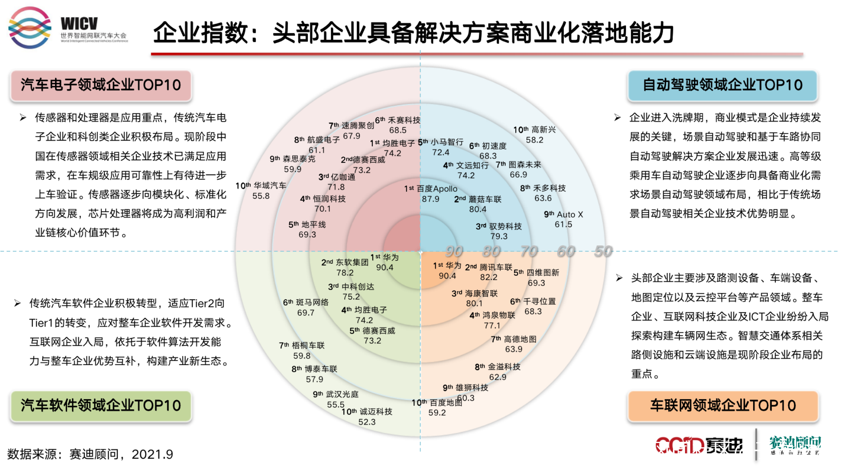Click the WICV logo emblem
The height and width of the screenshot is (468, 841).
click(30, 27)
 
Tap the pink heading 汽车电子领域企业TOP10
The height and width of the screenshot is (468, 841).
click(101, 85)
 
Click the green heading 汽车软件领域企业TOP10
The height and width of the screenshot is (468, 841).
click(101, 405)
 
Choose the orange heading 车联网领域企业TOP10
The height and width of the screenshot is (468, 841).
click(723, 405)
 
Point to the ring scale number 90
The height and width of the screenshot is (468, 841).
click(454, 251)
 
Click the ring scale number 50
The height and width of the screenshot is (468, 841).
click(603, 251)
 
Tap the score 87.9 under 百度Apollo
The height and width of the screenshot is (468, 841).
click(430, 199)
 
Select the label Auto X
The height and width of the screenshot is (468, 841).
click(569, 214)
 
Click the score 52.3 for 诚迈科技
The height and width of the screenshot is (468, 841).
click(367, 422)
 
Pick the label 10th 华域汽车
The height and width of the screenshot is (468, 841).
click(261, 186)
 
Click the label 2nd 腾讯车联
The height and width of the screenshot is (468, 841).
click(488, 267)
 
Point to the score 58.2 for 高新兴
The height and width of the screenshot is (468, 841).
click(534, 140)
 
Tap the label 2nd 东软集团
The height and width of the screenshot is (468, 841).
click(345, 262)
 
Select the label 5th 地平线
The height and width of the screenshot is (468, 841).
click(307, 225)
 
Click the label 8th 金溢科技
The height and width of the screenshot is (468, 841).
click(497, 367)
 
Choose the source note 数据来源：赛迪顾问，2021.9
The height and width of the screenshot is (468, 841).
click(90, 454)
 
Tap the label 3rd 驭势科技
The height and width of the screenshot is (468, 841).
click(499, 227)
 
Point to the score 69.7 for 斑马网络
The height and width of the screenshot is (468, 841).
click(306, 313)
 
